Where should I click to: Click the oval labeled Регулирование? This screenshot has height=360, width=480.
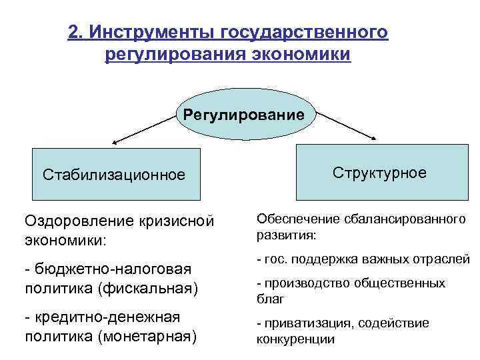click(244, 115)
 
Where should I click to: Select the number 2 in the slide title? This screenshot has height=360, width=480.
click(74, 32)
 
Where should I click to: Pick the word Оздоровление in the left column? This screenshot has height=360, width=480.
click(80, 220)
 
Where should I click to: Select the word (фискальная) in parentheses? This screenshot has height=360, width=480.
click(149, 287)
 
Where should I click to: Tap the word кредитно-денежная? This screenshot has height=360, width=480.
click(107, 317)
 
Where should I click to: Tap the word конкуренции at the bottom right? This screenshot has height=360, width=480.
click(295, 339)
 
